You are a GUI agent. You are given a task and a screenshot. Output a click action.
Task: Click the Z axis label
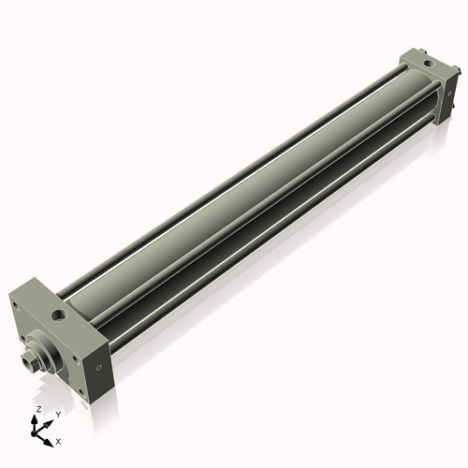[x=37, y=410]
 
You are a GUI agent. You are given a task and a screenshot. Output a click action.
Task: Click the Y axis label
[x=58, y=414]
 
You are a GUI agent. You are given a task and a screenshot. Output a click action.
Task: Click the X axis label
[x=58, y=440]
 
